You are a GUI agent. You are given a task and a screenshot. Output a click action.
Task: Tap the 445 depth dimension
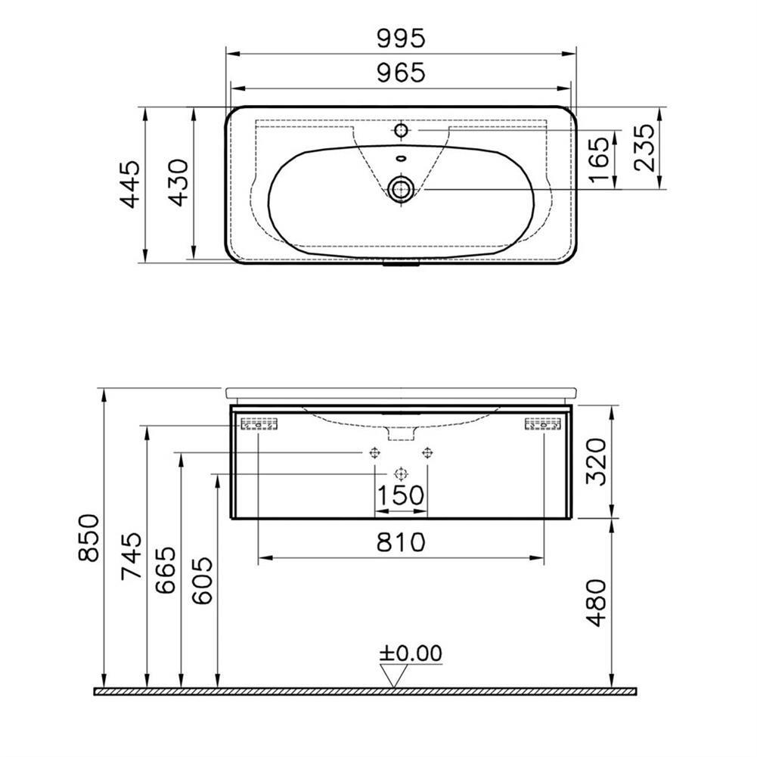click(x=131, y=184)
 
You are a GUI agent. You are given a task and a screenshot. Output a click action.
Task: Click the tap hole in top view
click(x=401, y=130)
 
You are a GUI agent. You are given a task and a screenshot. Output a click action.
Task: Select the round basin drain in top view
click(x=401, y=189)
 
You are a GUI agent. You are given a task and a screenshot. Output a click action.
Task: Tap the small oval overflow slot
click(x=401, y=159)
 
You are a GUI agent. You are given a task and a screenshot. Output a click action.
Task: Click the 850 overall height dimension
click(x=89, y=538)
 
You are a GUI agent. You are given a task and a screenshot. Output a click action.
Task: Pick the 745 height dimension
click(x=132, y=557)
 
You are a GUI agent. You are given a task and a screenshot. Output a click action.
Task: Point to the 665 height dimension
click(x=168, y=571)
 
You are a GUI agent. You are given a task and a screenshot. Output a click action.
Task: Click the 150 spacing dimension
click(x=401, y=497)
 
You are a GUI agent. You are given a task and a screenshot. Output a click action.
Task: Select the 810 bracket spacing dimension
click(x=401, y=542)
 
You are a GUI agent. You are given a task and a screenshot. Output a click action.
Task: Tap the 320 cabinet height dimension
click(x=597, y=462)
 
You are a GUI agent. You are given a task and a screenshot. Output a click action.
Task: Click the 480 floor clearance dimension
click(x=597, y=603)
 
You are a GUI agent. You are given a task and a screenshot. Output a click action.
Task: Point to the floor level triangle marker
click(x=392, y=675)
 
